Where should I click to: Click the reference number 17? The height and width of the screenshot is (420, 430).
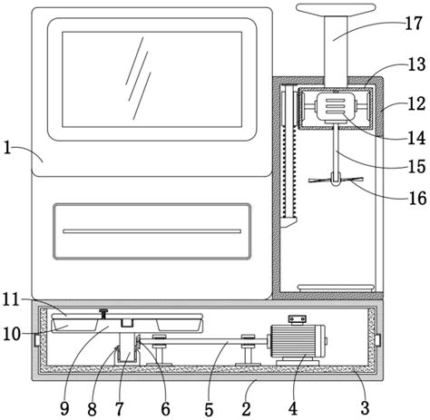pyautogui.click(x=414, y=24)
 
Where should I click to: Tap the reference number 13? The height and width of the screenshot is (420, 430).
pyautogui.click(x=416, y=63)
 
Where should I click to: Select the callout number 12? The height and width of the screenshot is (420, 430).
pyautogui.click(x=416, y=103)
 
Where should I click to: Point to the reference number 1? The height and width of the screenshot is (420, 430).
pyautogui.click(x=7, y=148)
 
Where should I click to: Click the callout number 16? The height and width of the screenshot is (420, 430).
pyautogui.click(x=417, y=199)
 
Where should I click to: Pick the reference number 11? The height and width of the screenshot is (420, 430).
pyautogui.click(x=11, y=300)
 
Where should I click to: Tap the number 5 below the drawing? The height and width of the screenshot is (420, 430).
pyautogui.click(x=209, y=409)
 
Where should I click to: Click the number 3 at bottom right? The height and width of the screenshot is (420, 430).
pyautogui.click(x=365, y=408)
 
